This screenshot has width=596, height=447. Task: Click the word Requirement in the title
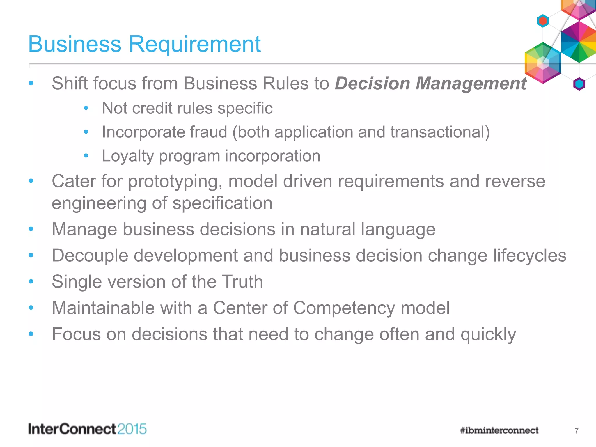[x=194, y=44]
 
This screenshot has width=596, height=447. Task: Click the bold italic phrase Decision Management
[x=430, y=84]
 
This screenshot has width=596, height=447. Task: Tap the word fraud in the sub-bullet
[x=208, y=132]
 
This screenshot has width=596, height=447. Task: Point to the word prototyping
[x=173, y=181]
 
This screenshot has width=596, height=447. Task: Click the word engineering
[x=99, y=203]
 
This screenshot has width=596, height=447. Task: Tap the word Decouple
[x=90, y=256]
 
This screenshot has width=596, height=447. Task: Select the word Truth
[x=242, y=282]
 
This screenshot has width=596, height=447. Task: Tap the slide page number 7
[x=576, y=431]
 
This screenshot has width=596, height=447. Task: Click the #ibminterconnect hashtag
[x=499, y=430]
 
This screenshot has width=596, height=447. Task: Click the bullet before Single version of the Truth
[x=31, y=281]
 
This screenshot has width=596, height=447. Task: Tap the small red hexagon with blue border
[x=543, y=21]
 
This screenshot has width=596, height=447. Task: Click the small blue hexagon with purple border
[x=579, y=84]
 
